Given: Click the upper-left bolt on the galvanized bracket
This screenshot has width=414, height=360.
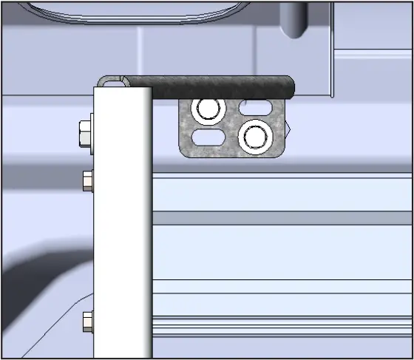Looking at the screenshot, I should coord(207,109).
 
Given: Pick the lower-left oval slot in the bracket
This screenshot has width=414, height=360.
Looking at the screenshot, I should coord(208,137).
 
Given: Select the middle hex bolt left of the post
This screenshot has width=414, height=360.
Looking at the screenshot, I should coord(88,180).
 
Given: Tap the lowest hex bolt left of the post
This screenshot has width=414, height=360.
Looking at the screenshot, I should coord(88,321).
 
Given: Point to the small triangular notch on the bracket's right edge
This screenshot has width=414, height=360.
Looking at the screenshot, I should coord(291,128).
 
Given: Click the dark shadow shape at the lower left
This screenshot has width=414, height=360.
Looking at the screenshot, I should coord(37,296).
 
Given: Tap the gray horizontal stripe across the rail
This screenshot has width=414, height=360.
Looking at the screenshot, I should coord(281,218).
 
